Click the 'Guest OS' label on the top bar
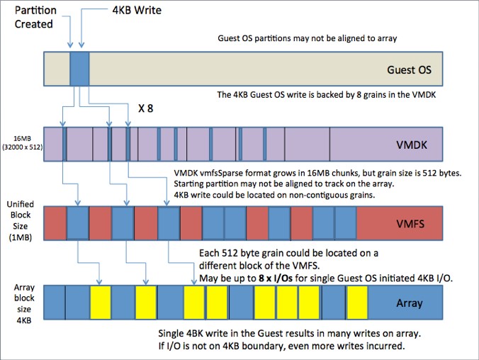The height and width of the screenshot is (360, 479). (x=409, y=70)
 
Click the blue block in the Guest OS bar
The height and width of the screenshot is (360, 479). (x=79, y=69)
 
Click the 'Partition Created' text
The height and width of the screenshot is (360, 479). (x=33, y=16)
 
